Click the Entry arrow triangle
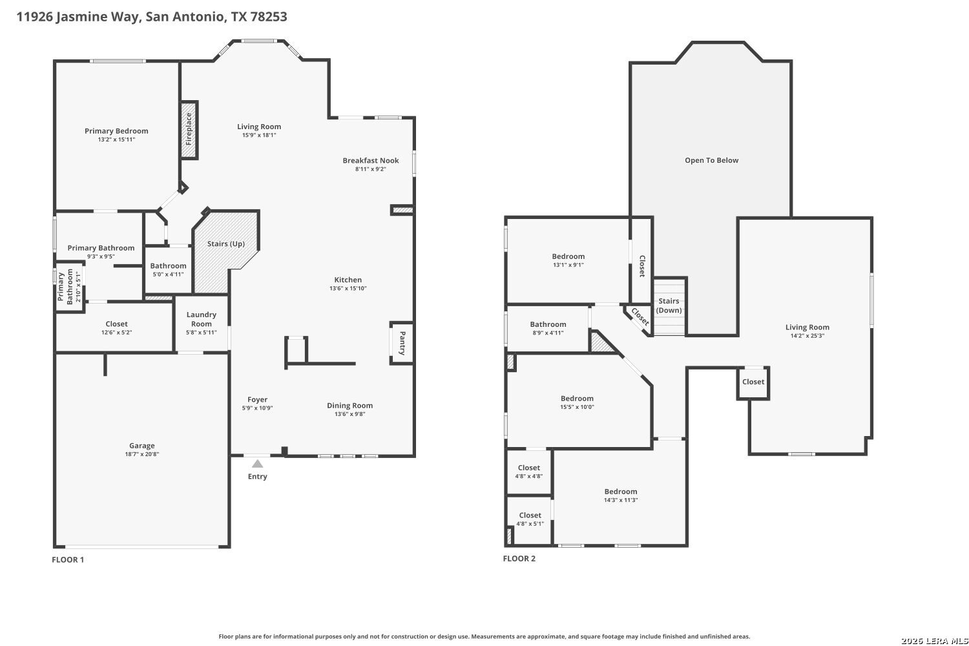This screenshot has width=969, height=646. [x=257, y=464]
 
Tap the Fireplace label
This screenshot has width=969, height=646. [x=189, y=129]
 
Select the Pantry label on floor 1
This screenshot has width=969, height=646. [x=402, y=343]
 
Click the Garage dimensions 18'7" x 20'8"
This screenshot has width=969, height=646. [x=142, y=454]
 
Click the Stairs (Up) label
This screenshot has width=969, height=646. [x=226, y=244]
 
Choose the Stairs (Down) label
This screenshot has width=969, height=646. [x=669, y=306]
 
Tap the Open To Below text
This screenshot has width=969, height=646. [x=712, y=160]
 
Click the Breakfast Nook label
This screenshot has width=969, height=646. [x=371, y=160]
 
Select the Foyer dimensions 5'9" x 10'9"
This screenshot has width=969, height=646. [x=257, y=408]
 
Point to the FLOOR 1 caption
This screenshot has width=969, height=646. [x=68, y=559]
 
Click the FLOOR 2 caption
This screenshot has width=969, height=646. [x=519, y=559]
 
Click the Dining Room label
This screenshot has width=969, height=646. [x=349, y=406]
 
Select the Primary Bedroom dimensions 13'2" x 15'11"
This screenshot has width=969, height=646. [x=116, y=140]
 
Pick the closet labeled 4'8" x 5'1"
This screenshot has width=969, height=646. [x=530, y=519]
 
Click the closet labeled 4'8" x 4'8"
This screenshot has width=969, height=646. [x=528, y=472]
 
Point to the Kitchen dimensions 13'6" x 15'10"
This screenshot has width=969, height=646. [x=348, y=288]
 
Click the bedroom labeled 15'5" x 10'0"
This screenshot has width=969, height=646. [x=577, y=402]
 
